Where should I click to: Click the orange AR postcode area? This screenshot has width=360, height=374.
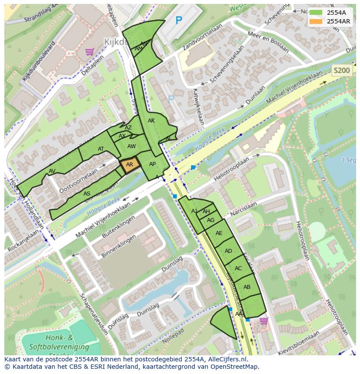(130, 165)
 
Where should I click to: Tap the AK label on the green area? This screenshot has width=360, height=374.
(151, 121)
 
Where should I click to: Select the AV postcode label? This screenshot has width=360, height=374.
(52, 171)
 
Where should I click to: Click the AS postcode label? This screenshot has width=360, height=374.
(87, 194)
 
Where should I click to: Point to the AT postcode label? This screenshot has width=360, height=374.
(101, 149)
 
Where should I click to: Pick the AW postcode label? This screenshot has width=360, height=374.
(132, 146)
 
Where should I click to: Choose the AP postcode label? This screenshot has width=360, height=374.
(152, 164)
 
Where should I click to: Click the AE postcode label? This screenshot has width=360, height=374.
(219, 233)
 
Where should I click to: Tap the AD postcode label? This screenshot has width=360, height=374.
(228, 251)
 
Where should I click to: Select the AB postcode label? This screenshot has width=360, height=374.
(247, 287)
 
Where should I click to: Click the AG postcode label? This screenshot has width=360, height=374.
(210, 220)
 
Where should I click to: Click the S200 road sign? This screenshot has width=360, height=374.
(341, 70)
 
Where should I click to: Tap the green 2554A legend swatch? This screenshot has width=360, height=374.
(316, 13)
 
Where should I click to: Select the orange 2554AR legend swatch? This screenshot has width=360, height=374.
(316, 21)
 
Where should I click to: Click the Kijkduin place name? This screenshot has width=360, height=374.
(120, 42)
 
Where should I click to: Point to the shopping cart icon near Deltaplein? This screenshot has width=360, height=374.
(90, 52)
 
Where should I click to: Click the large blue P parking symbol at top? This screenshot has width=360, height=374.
(178, 20)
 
